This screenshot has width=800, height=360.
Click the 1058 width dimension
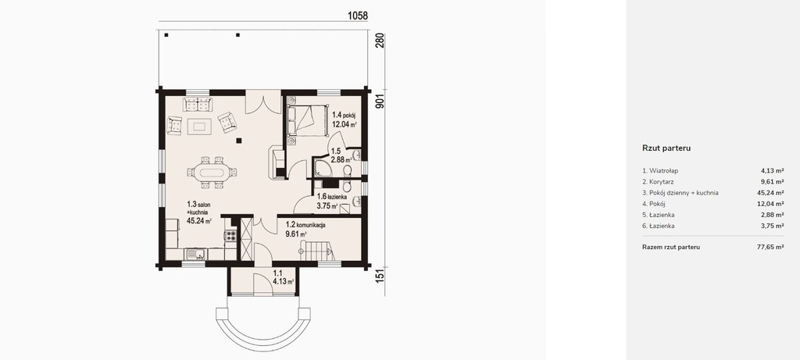pos(358,16)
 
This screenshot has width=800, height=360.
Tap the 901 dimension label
pos(380,103)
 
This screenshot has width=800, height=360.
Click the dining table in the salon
pos(211,172)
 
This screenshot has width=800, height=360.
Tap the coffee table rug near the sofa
pos(199,126)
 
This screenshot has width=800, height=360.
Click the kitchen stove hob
pos(230,236)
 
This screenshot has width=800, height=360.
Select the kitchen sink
pos(195,254)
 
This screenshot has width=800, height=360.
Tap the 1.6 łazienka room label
pos(333,197)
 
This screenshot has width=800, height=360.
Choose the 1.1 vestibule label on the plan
pos(278,273)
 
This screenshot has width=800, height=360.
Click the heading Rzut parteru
pos(666,148)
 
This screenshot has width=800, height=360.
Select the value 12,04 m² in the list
pos(770,204)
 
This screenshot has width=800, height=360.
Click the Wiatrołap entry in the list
pos(664,171)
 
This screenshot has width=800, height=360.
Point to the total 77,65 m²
pos(770,248)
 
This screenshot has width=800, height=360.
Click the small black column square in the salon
pos(238,141)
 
